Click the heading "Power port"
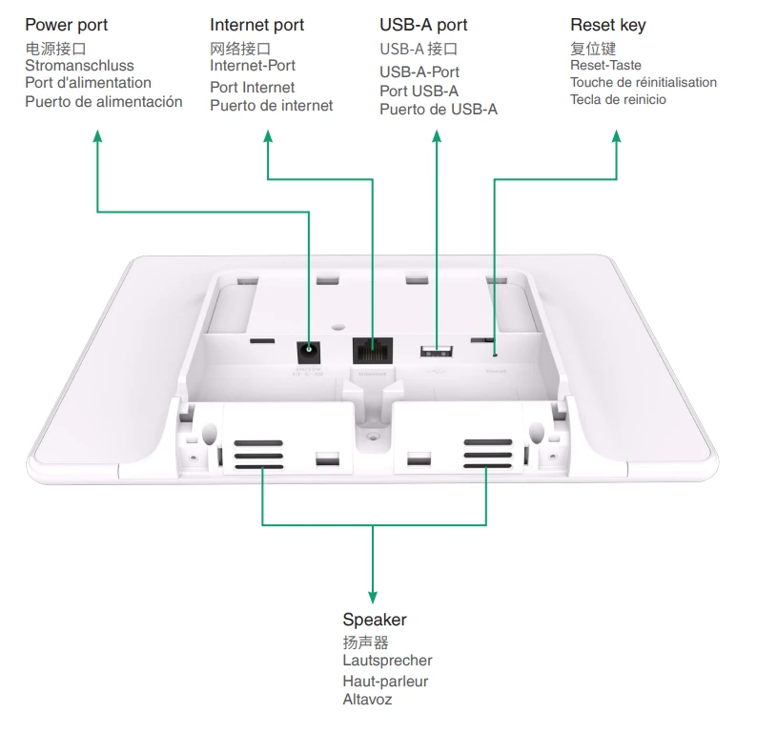(66, 25)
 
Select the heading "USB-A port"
(423, 25)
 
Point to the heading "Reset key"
(607, 25)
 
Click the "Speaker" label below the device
(374, 621)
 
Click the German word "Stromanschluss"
(79, 66)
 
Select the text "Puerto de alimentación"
(103, 102)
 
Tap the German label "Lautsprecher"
(387, 661)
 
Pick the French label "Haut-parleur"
(385, 682)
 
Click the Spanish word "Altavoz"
(367, 701)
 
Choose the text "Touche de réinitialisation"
(644, 83)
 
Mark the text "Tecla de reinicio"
(618, 100)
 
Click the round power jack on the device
(309, 351)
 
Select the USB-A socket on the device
(436, 351)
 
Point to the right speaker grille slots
(487, 457)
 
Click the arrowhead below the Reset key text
(617, 136)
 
